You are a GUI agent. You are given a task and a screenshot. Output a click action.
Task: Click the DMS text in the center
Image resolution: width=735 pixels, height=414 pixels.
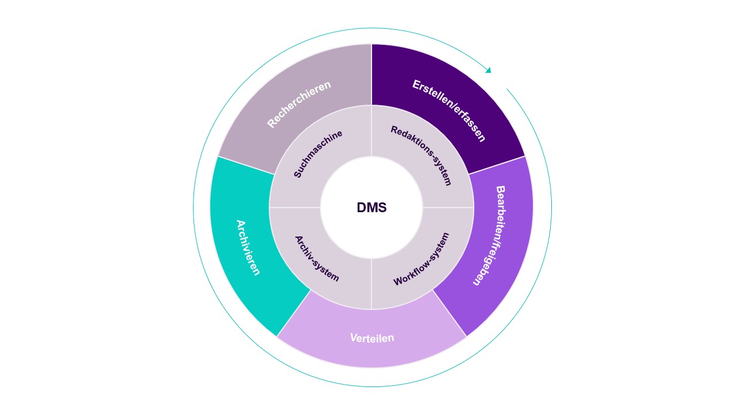(x=372, y=208)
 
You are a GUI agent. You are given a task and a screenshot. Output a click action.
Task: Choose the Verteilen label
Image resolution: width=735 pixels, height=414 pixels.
(x=372, y=338)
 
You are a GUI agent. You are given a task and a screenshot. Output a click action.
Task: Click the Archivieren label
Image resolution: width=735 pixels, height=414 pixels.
(x=248, y=247)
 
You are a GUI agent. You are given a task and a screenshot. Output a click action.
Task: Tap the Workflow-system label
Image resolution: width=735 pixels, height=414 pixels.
(x=421, y=259)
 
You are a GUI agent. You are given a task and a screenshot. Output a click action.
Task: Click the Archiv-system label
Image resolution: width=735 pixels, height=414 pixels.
(x=317, y=258)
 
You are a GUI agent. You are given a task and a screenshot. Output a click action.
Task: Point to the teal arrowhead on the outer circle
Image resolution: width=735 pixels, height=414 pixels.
(x=488, y=70)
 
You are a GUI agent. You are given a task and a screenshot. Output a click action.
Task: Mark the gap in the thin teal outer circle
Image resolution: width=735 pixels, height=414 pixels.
(x=499, y=79)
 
